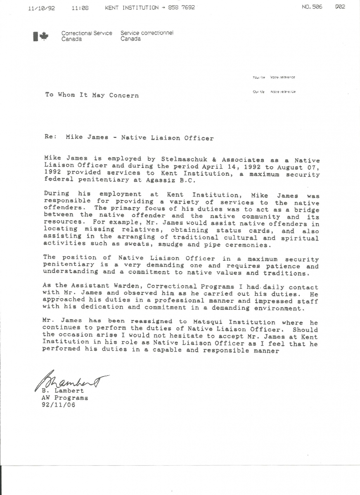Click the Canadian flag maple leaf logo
(40, 36)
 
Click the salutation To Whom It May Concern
(92, 95)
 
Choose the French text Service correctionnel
(147, 33)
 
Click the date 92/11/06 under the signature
(59, 405)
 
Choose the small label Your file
(259, 77)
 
